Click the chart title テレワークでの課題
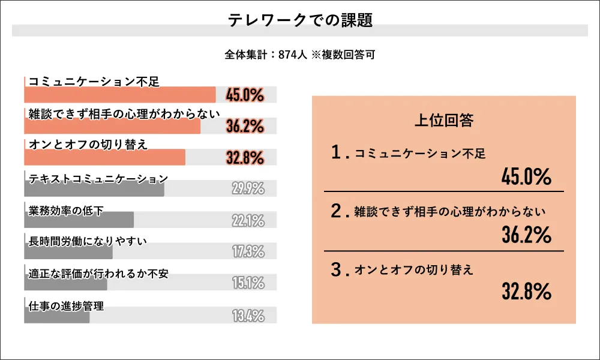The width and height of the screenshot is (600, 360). pyautogui.click(x=300, y=20)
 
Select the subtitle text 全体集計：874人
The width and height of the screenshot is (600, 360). pyautogui.click(x=266, y=55)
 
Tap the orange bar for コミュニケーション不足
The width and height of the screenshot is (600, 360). pyautogui.click(x=120, y=95)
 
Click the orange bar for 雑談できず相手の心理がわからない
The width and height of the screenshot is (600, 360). pyautogui.click(x=112, y=126)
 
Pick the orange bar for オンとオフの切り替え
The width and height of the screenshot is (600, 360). pyautogui.click(x=105, y=157)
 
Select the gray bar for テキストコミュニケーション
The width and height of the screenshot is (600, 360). pyautogui.click(x=94, y=189)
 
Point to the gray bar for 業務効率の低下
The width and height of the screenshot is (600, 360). pyautogui.click(x=79, y=220)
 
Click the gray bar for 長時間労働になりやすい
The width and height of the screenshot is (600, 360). pyautogui.click(x=68, y=252)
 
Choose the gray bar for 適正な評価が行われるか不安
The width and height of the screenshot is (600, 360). pyautogui.click(x=66, y=283)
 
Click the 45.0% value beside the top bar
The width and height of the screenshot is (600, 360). pyautogui.click(x=245, y=94)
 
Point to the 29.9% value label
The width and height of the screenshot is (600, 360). pyautogui.click(x=248, y=189)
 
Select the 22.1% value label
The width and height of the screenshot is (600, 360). pyautogui.click(x=248, y=221)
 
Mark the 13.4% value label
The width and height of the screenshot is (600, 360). pyautogui.click(x=248, y=316)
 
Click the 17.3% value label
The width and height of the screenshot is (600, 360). pyautogui.click(x=248, y=252)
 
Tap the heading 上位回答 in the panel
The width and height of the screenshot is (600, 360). pyautogui.click(x=444, y=120)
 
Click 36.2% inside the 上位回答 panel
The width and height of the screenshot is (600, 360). pyautogui.click(x=526, y=235)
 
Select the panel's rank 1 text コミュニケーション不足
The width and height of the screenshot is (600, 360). pyautogui.click(x=420, y=154)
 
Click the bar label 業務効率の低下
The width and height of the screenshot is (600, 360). pyautogui.click(x=66, y=210)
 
